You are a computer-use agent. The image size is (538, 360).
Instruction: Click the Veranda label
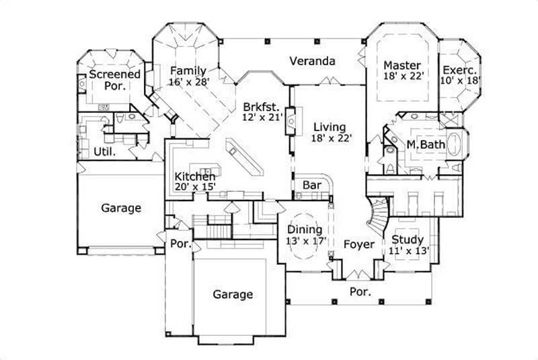[x=312, y=61]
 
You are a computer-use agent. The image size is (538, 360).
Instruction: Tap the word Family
[x=188, y=70]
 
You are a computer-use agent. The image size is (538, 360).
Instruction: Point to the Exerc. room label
[x=460, y=69]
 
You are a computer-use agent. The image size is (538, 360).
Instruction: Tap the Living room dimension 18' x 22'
[x=328, y=139]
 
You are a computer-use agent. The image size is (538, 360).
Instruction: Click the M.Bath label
[x=424, y=145]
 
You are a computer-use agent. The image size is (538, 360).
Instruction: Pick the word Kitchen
[x=195, y=176]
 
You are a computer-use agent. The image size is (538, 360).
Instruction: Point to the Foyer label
[x=358, y=244]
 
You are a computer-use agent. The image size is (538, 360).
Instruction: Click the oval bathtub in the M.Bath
[x=455, y=144]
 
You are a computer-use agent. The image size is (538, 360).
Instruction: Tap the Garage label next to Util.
[x=121, y=208]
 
